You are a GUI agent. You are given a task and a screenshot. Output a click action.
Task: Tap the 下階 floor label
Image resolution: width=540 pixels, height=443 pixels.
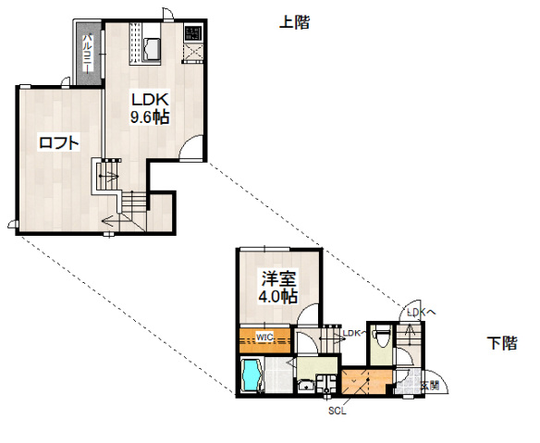coord(501,344)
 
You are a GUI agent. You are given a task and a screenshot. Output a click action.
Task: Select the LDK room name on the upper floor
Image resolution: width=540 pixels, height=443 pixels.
coord(147,100)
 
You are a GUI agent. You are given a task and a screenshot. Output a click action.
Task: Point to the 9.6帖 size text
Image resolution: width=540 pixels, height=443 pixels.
coord(148,117)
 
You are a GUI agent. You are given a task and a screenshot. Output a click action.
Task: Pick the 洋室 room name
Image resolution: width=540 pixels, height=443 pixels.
coord(277,278)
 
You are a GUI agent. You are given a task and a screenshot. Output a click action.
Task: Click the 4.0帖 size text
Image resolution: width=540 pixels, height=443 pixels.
coord(277,297)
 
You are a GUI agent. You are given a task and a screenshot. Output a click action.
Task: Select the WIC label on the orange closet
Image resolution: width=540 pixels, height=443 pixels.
coord(264,336)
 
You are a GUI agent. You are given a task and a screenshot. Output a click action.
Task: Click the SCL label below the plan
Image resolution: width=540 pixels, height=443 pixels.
coord(337,412)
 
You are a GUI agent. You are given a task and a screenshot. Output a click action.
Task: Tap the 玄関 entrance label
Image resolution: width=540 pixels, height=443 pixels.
coord(429,384)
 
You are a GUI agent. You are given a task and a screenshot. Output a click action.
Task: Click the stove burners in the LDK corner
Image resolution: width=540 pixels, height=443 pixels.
coord(192,34)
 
